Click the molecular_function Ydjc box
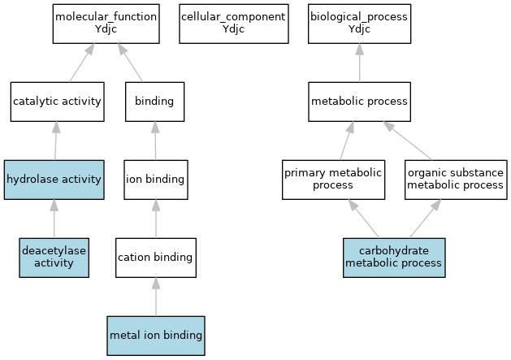tap(106, 24)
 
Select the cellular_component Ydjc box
tap(234, 24)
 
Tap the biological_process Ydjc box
tap(359, 24)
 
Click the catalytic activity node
tap(58, 102)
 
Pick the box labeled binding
tap(155, 102)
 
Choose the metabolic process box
tap(359, 102)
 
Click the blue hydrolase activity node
tap(54, 180)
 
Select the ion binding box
tap(156, 180)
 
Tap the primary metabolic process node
tap(333, 180)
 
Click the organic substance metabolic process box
tap(456, 180)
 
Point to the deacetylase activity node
tap(54, 258)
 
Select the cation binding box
tap(156, 258)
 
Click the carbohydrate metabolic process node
tap(394, 258)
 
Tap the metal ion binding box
tap(156, 336)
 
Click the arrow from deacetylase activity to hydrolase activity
tap(54, 219)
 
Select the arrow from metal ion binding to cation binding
tap(156, 297)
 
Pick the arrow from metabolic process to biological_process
tap(359, 63)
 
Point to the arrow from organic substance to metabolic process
tap(407, 141)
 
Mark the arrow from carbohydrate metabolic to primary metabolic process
tap(364, 219)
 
